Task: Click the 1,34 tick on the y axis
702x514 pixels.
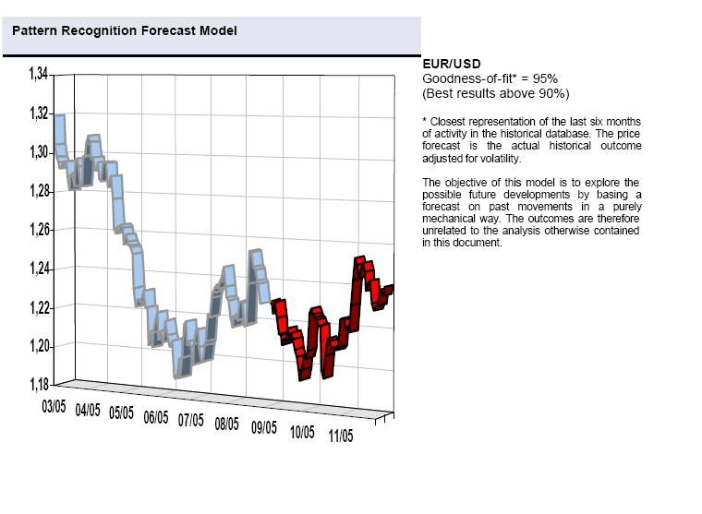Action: click(40, 74)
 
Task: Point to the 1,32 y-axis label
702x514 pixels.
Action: click(40, 114)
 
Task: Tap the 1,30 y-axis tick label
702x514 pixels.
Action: click(40, 152)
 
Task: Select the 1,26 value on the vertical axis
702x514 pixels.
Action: click(40, 230)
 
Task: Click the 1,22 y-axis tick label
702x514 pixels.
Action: click(40, 307)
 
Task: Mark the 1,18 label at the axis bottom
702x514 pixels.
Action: click(40, 384)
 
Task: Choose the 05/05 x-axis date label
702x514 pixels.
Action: click(122, 412)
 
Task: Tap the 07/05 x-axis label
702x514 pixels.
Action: click(191, 420)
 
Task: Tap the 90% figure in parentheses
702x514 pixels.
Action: click(551, 93)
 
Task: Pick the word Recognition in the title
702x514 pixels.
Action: click(101, 31)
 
